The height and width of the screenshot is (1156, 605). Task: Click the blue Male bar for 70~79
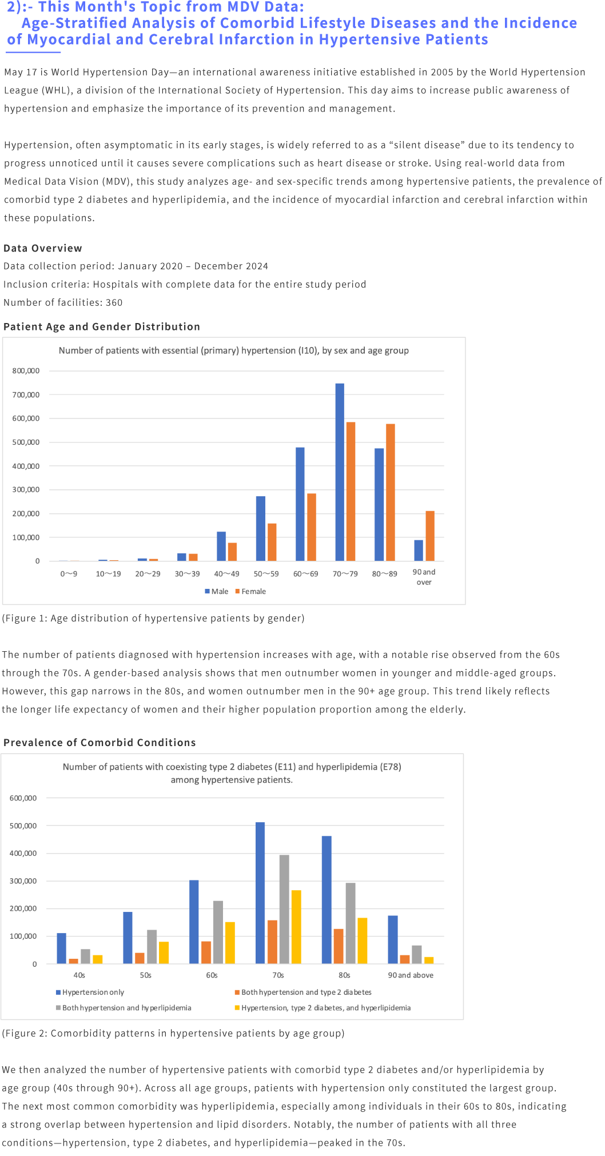pos(340,472)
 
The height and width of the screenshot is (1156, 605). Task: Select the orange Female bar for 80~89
pos(391,492)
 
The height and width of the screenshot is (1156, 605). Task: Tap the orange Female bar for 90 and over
pos(430,536)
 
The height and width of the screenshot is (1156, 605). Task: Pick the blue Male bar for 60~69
pos(300,504)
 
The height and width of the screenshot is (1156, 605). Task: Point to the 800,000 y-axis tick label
pos(26,370)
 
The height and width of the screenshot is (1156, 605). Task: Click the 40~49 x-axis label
pos(227,573)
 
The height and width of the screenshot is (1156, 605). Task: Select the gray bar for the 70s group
pos(284,909)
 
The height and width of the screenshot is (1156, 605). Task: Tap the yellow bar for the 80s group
pos(363,940)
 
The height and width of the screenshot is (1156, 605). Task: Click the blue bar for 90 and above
pos(393,939)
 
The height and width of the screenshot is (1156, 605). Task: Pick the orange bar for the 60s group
pos(206,952)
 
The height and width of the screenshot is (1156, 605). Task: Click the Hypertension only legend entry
pos(90,992)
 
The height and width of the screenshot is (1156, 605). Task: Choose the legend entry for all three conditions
pos(323,1007)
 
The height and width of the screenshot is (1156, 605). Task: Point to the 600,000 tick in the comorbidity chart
pos(23,798)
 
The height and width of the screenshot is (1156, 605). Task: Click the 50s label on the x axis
pos(146,975)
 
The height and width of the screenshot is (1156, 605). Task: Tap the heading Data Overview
pos(43,248)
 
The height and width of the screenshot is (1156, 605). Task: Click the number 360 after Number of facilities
pos(114,302)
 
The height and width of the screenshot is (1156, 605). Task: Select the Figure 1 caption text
pos(153,618)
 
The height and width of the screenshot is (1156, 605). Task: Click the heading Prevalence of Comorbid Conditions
pos(99,742)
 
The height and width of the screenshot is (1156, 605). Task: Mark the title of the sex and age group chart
pos(234,350)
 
